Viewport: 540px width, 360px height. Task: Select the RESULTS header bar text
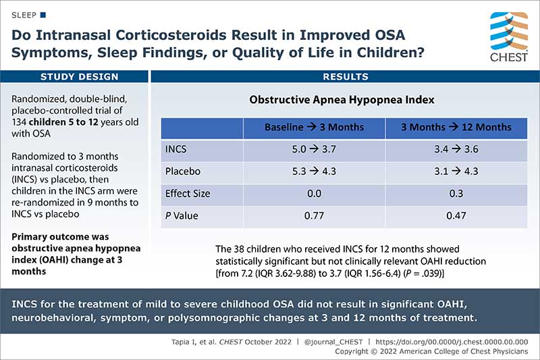(x=346, y=77)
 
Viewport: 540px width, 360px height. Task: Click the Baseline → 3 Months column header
(x=314, y=127)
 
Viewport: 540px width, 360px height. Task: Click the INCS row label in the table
(x=177, y=149)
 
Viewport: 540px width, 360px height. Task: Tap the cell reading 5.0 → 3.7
(x=314, y=149)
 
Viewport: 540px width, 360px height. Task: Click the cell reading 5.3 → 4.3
(x=314, y=172)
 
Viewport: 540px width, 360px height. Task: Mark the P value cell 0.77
(x=314, y=215)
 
